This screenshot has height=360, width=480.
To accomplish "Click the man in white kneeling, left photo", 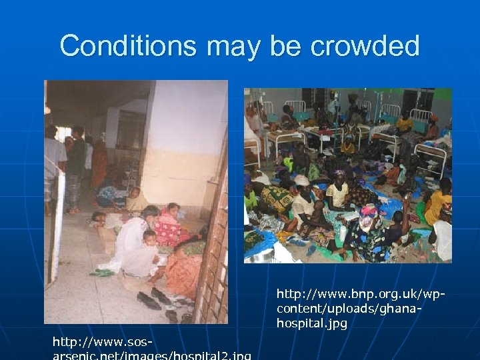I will click(133, 240).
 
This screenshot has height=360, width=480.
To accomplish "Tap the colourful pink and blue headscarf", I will click(368, 213).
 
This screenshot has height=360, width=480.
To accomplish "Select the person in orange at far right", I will click(439, 203).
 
